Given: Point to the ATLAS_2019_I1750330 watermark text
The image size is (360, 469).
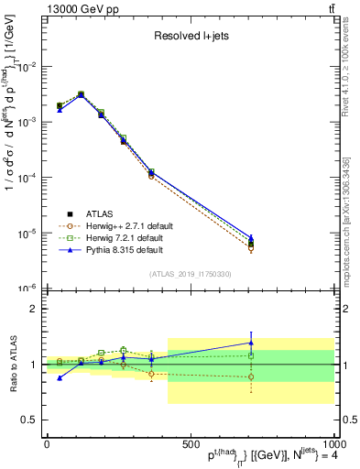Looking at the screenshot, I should click(x=190, y=274).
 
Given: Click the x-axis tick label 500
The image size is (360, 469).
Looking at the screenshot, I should click(x=190, y=443).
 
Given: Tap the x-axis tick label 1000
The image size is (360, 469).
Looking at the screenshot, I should click(x=332, y=443).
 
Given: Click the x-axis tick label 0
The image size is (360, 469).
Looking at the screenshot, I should click(x=47, y=443).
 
